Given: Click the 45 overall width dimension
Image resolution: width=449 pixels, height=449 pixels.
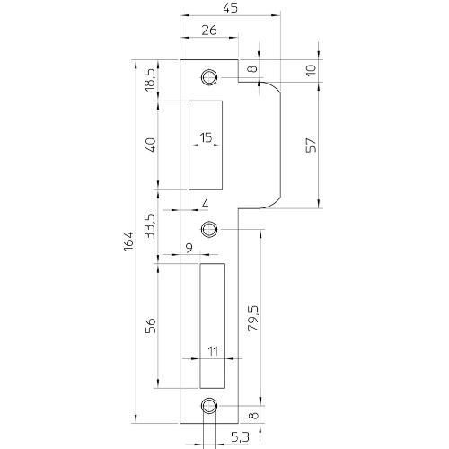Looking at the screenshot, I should (x=229, y=8).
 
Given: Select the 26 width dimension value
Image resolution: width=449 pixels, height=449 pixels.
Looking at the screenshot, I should (x=208, y=31).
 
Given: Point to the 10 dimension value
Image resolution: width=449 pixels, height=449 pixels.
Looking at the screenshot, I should (x=310, y=71).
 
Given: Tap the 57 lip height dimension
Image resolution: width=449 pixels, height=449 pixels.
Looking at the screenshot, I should (x=310, y=145).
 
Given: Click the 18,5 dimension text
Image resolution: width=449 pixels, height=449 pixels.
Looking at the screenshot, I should (x=150, y=80).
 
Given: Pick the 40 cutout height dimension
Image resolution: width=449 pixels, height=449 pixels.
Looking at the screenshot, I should (x=150, y=144).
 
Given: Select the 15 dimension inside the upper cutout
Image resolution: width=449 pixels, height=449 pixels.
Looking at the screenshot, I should (x=206, y=137).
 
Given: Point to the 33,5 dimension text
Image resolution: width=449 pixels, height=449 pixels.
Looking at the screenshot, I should (x=150, y=222).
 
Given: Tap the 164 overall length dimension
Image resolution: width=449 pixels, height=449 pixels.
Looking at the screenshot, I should (x=128, y=240).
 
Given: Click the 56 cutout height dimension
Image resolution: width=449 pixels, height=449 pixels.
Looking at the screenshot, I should (x=150, y=324).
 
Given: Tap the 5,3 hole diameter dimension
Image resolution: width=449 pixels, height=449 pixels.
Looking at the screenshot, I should (x=240, y=437).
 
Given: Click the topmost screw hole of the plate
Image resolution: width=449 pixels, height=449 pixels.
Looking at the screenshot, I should (x=209, y=76).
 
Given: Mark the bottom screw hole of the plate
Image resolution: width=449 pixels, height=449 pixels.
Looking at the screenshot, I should (x=209, y=405).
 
